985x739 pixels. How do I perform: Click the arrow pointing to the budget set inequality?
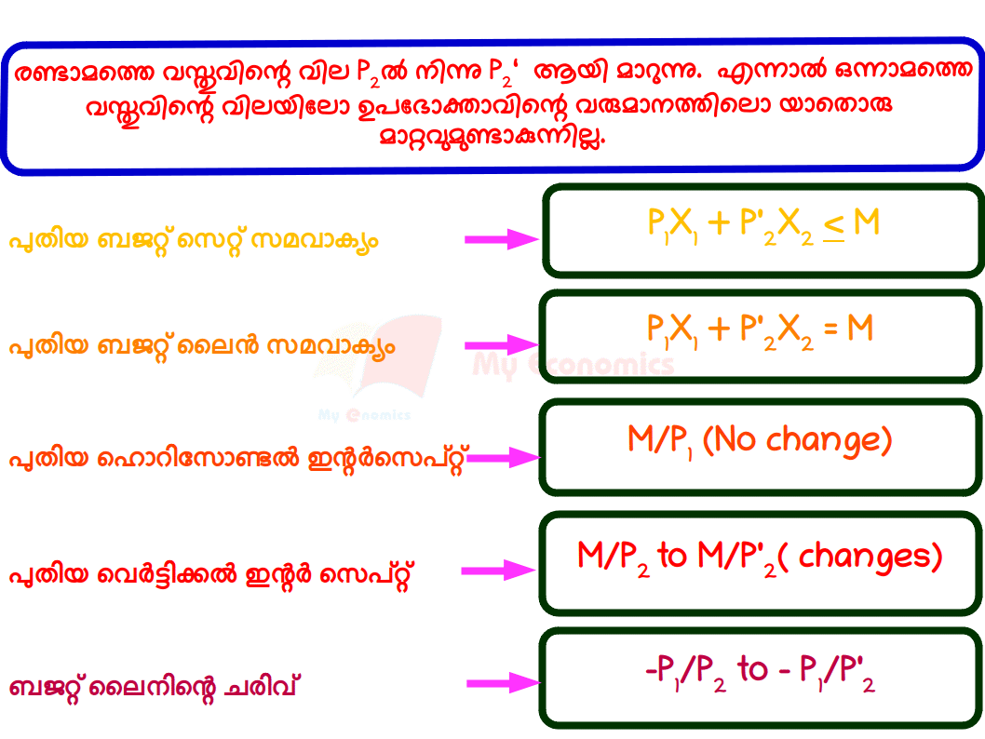502,239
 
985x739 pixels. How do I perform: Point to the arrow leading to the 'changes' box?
499,570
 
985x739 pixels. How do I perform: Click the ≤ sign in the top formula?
833,223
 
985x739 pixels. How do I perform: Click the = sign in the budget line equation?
831,328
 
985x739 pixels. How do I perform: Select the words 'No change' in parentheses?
798,439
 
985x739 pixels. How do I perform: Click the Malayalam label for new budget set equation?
194,241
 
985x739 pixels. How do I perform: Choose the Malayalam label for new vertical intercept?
210,574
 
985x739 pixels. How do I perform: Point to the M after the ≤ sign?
866,222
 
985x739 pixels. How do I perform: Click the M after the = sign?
860,328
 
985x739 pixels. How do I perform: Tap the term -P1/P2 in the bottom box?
686,670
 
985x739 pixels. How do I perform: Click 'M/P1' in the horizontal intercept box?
660,440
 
